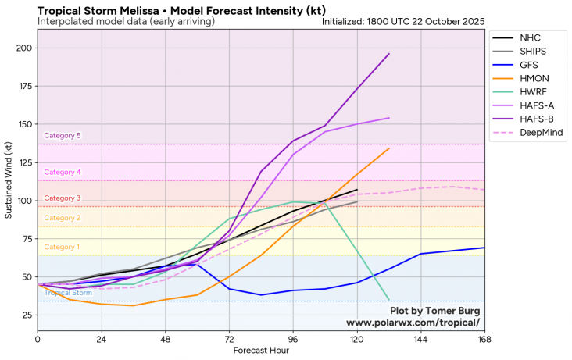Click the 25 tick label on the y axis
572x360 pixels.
tap(25, 315)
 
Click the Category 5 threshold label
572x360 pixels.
tap(63, 136)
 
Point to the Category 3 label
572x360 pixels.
tap(63, 198)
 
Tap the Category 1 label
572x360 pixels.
tap(62, 248)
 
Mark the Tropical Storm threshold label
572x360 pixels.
tap(68, 293)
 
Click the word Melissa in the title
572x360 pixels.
tap(138, 9)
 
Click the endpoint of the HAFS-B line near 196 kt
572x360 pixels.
tap(389, 54)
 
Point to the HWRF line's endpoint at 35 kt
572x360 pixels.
tap(389, 299)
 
